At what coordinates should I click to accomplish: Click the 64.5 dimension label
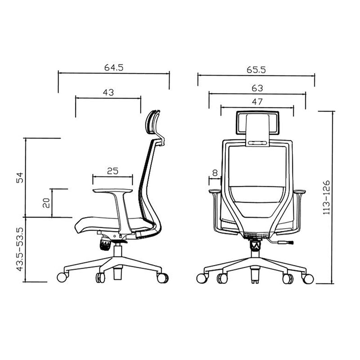(x=114, y=67)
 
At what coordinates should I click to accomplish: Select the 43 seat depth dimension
(x=108, y=92)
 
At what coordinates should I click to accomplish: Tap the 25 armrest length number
(x=112, y=171)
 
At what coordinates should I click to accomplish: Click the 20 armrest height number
(x=46, y=203)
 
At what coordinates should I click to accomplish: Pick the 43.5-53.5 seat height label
(x=20, y=249)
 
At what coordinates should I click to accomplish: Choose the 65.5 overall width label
(x=256, y=70)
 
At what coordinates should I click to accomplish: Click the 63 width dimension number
(x=257, y=88)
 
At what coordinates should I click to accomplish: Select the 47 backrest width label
(x=257, y=102)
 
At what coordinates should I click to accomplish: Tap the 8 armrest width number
(x=215, y=173)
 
